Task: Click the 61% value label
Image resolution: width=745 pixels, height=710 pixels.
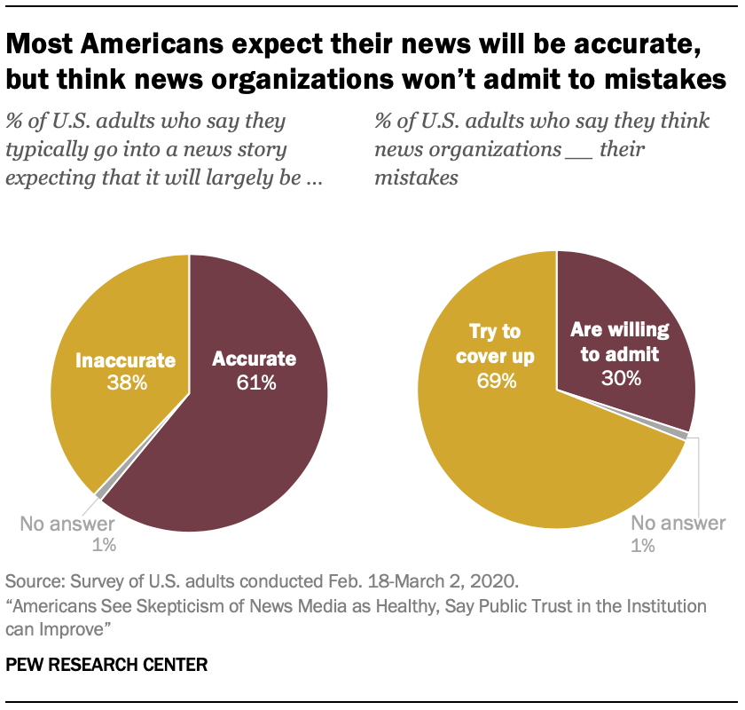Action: pos(254,383)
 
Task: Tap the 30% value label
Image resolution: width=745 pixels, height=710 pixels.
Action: pos(619,377)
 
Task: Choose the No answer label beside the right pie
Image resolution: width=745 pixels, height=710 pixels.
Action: pos(678,523)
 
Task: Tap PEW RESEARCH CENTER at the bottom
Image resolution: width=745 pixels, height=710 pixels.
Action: pos(106,664)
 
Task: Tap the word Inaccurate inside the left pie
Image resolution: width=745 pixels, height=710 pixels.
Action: pos(125,360)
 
